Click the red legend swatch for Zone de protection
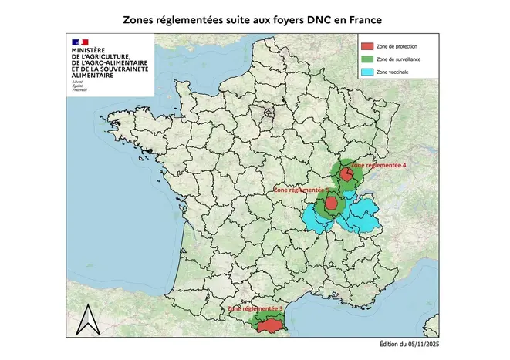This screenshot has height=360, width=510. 367,45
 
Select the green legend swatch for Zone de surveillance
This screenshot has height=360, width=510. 367,59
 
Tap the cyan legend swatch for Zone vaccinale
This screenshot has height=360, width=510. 367,72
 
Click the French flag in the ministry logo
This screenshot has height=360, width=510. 79,41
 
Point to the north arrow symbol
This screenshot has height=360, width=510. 91,316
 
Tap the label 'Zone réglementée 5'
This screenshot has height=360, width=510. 302,188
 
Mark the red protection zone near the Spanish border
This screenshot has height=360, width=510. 269,327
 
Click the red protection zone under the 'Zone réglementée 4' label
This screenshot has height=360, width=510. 348,176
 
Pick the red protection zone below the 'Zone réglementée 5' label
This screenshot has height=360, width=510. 331,204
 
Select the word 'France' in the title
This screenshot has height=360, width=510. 364,15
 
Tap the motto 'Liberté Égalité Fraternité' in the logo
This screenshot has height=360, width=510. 79,86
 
